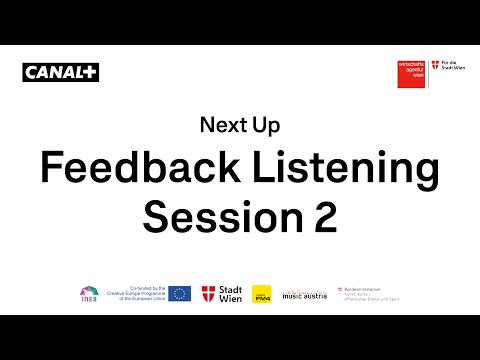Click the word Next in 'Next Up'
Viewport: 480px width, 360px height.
click(221, 126)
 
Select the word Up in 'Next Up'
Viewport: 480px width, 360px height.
click(266, 126)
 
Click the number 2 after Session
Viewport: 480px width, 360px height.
click(322, 217)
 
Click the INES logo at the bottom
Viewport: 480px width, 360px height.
click(89, 293)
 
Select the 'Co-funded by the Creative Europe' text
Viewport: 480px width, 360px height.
click(135, 293)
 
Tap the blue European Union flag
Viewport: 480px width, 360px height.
click(180, 293)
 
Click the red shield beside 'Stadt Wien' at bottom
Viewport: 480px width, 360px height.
click(209, 293)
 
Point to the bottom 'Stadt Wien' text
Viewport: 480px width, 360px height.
click(230, 293)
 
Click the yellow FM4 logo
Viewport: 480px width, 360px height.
click(262, 293)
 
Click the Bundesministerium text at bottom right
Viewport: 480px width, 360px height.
click(370, 292)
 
